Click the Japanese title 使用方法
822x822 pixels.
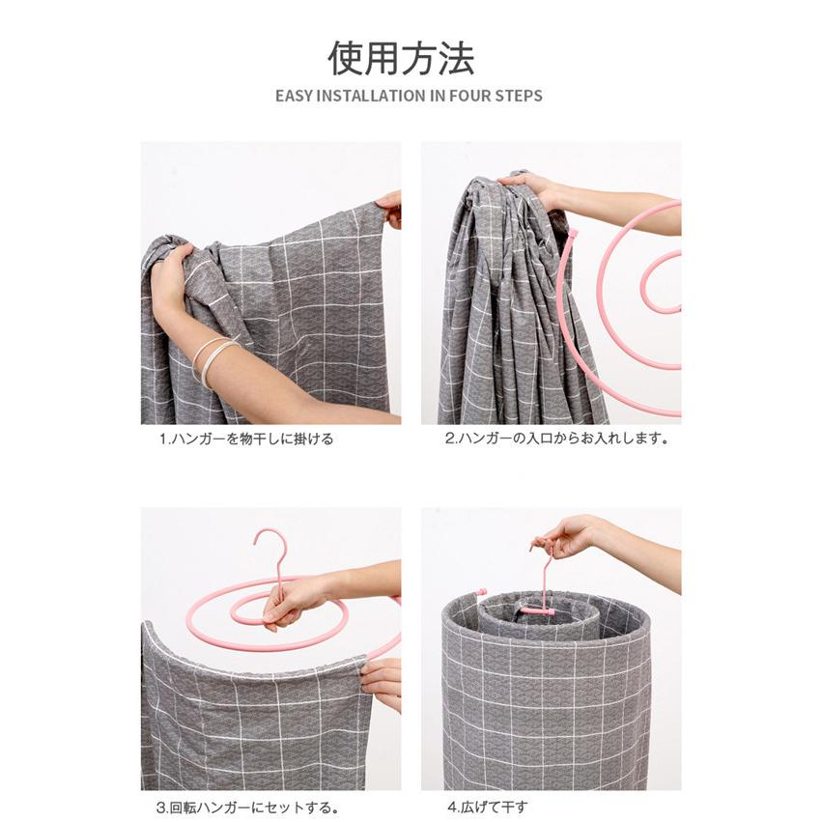tap(401, 58)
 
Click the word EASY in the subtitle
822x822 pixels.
tap(294, 96)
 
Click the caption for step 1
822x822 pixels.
tap(246, 439)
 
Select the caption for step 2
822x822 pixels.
tap(556, 439)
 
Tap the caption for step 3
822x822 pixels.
tap(247, 808)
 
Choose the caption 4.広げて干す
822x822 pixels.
tap(488, 807)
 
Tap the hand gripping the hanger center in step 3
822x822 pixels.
tap(290, 602)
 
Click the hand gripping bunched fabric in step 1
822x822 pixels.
tap(170, 280)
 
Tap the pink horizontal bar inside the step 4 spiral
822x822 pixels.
tap(537, 610)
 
